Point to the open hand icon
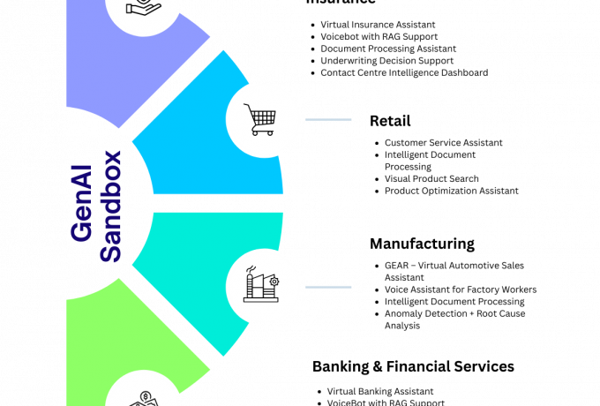143,7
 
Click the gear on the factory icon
274,281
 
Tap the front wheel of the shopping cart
269,132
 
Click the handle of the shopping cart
248,107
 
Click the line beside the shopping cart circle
328,119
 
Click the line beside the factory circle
328,287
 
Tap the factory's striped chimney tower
251,286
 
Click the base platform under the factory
262,299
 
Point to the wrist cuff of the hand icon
130,8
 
